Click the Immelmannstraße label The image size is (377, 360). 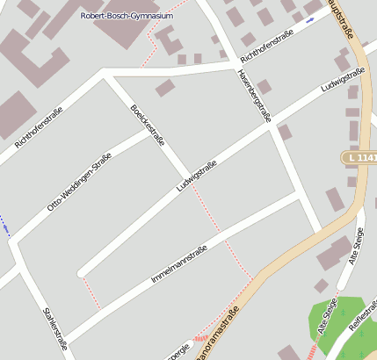[178, 264]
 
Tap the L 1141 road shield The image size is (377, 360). [359, 157]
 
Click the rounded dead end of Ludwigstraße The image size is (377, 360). [82, 272]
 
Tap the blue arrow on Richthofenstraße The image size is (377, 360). [309, 18]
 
